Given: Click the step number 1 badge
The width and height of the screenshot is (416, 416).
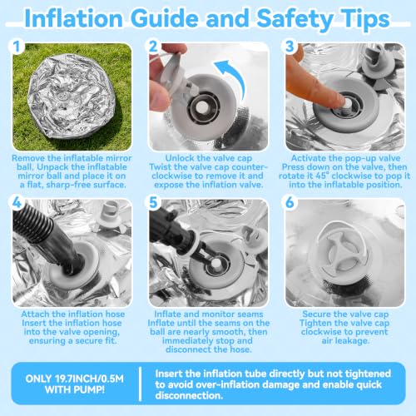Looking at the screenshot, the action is (17, 47).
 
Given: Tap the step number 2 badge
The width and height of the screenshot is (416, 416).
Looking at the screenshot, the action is (153, 47).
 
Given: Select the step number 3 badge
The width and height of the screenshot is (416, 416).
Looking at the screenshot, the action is (290, 47).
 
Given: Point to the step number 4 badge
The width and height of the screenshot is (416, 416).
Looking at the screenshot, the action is (17, 202).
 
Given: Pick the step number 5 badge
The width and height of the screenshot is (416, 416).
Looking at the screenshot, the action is (153, 202).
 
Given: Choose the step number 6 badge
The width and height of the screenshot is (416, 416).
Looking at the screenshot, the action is (290, 202).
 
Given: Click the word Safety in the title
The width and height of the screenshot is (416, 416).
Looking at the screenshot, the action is (295, 19).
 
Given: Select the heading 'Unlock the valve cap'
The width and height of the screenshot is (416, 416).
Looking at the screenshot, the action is (209, 158).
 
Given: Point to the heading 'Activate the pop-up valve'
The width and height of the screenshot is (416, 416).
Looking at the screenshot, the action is (345, 158).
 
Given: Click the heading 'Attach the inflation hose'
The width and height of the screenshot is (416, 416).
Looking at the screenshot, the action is (73, 314).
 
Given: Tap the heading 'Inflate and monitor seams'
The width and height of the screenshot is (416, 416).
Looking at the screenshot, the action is (209, 314).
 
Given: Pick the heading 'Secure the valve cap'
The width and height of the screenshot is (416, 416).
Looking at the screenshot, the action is (345, 314).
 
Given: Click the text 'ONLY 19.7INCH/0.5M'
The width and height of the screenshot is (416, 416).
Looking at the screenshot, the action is (74, 379).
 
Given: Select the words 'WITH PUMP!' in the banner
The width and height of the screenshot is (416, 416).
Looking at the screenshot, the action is (74, 389).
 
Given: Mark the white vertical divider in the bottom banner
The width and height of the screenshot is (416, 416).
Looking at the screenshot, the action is (141, 384).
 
